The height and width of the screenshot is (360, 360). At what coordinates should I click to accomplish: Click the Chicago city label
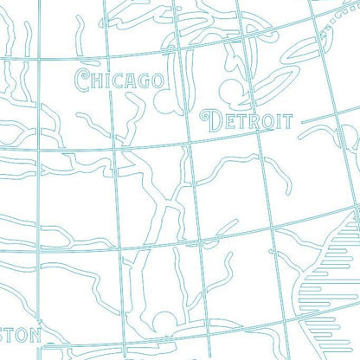pos(119,80)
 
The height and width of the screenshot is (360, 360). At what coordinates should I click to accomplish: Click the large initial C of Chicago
pos(83,80)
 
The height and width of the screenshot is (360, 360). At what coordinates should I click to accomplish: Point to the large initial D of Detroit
pos(209,120)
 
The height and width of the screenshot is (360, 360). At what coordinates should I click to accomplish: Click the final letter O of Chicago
pos(157,81)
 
